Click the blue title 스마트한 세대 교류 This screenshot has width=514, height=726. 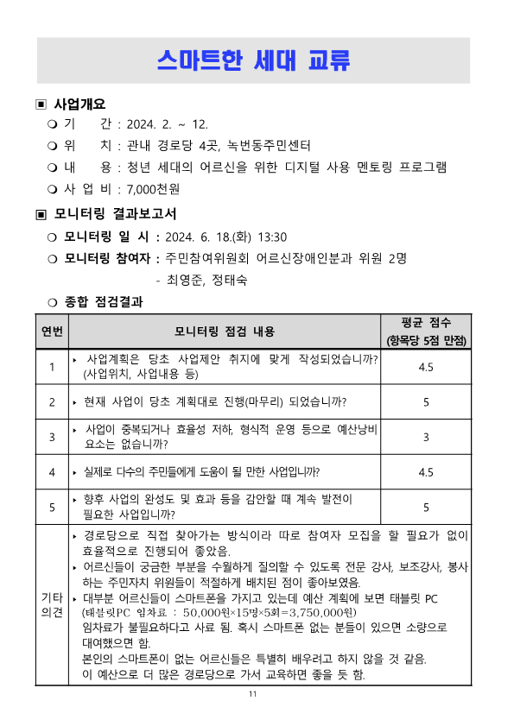click(x=254, y=60)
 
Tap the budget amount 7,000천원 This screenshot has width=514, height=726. click(x=154, y=188)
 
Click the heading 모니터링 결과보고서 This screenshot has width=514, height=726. click(x=115, y=213)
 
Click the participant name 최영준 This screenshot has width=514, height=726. click(x=184, y=279)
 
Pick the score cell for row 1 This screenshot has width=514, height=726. click(x=426, y=367)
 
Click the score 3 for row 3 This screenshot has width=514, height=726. click(x=426, y=438)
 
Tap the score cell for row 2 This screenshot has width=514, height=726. click(x=426, y=402)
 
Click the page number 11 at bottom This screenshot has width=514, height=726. click(x=253, y=695)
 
